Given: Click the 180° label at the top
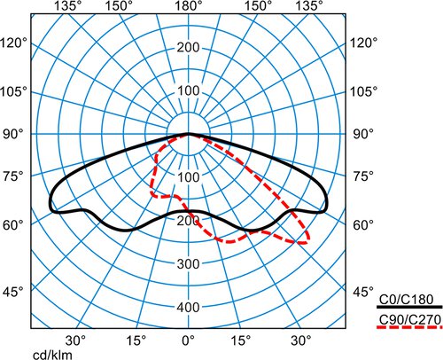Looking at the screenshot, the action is tap(189, 5).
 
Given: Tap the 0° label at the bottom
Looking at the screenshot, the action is tap(189, 340).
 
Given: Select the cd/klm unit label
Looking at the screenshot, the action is tap(52, 355).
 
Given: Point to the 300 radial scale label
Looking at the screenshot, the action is tap(189, 263).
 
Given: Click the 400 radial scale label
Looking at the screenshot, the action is tap(189, 308).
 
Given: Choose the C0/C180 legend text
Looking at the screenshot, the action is tap(406, 300).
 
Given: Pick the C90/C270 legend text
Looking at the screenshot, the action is tap(410, 319).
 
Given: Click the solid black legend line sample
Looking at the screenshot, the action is tap(409, 308).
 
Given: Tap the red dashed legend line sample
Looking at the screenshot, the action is tap(409, 327).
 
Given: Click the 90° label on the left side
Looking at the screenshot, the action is tap(13, 135).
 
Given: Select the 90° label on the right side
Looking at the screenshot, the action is tap(363, 135).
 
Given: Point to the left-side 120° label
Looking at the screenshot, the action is tap(13, 43).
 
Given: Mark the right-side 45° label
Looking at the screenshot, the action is tap(363, 292).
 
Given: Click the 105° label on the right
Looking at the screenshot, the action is tap(364, 92).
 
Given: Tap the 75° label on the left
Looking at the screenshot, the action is tap(13, 176).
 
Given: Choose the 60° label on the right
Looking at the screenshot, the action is tap(363, 225).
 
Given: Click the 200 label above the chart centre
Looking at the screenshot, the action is tap(189, 47).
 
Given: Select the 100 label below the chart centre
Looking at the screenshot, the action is tap(189, 177).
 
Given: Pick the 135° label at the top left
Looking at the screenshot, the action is tap(68, 5).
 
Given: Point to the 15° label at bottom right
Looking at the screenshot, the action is tap(242, 340).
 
